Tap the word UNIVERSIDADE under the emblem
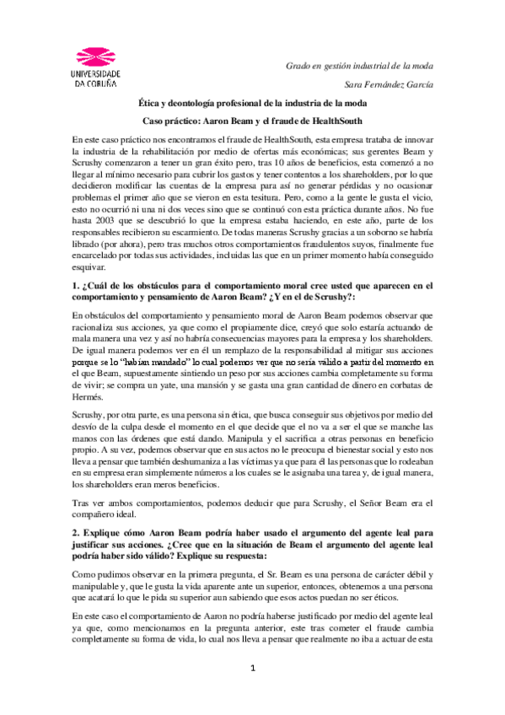[96, 74]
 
